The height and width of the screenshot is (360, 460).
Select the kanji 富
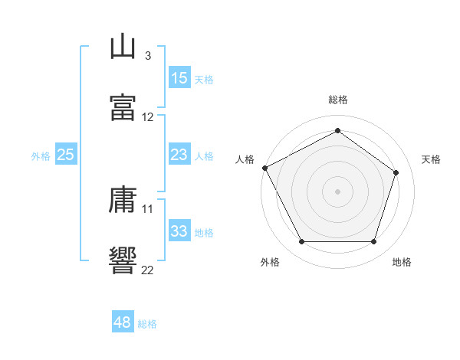point(122,106)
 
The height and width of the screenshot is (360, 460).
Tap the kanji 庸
point(122,201)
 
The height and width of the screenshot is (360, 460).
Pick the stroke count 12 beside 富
point(148,117)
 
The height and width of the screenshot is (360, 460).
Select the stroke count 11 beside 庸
point(148,208)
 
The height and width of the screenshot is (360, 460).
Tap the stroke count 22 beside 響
point(148,269)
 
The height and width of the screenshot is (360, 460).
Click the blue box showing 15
point(179,78)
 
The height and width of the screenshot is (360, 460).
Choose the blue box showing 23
point(179,155)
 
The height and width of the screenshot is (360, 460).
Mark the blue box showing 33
point(179,231)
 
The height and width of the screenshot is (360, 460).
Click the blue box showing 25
point(66,155)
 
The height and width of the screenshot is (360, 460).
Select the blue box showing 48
point(122,322)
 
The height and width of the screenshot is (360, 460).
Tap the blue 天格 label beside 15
point(204,79)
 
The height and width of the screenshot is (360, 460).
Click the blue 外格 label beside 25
point(41,155)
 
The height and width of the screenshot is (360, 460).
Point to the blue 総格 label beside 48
point(147,323)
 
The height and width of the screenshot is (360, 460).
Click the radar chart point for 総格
point(337,130)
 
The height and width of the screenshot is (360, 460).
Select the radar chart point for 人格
point(264,168)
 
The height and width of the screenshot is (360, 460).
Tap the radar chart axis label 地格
point(402,263)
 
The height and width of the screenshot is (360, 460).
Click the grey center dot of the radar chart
point(337,191)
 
